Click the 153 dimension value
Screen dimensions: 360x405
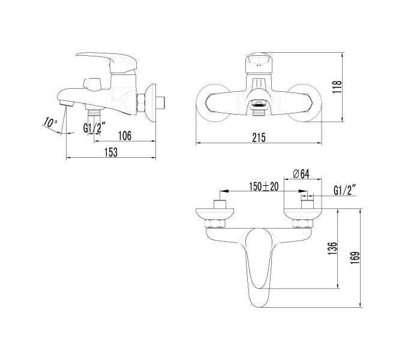(x=110, y=152)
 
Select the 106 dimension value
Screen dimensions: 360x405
(x=124, y=136)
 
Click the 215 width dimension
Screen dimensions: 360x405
(x=259, y=137)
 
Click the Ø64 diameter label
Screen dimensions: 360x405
(x=301, y=174)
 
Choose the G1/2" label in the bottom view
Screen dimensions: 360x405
(x=345, y=190)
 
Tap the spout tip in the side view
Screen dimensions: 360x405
(x=66, y=104)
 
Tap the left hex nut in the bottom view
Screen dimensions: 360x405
(x=214, y=224)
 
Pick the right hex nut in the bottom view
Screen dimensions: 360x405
(x=301, y=224)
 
